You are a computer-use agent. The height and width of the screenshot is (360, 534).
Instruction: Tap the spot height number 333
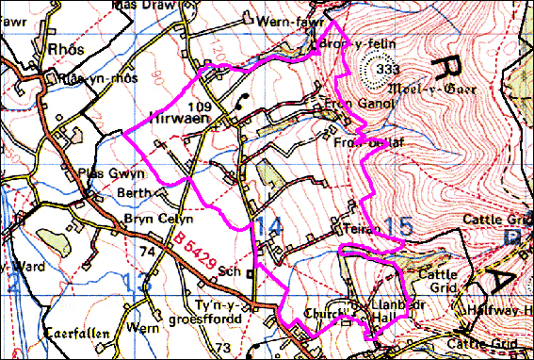tap(385, 69)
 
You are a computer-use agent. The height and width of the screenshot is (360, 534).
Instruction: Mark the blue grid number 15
tap(400, 226)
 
